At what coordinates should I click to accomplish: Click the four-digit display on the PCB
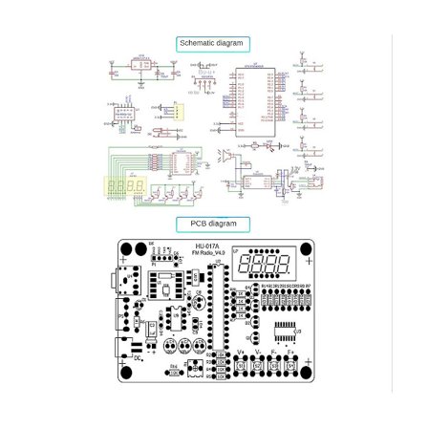click(263, 265)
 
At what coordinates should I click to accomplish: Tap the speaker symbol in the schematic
click(225, 154)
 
